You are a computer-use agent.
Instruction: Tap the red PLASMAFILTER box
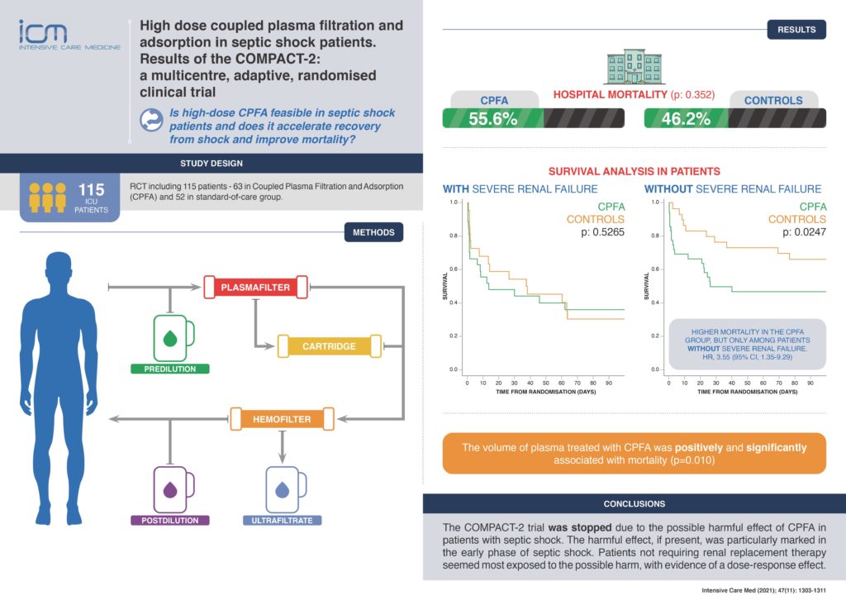[255, 288]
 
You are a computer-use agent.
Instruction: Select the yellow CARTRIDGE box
[329, 346]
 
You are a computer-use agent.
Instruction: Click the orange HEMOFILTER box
[282, 419]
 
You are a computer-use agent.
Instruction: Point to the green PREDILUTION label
[170, 369]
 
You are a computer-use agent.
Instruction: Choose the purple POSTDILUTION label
[170, 521]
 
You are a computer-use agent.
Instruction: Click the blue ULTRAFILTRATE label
[282, 521]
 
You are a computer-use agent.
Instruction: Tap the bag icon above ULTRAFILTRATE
[283, 488]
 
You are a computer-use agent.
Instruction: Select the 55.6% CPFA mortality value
[493, 118]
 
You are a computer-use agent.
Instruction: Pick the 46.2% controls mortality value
[686, 118]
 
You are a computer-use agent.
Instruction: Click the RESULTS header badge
[796, 30]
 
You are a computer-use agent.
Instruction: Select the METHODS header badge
[373, 232]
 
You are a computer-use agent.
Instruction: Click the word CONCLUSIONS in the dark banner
[634, 503]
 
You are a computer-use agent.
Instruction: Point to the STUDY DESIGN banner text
[211, 163]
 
